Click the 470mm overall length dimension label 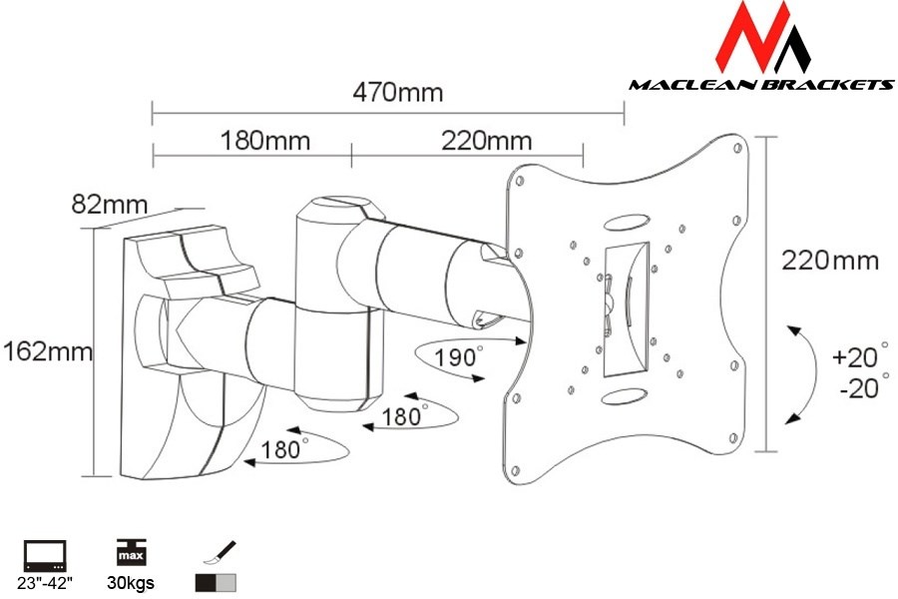(397, 93)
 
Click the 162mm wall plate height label (47, 351)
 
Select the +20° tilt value (859, 355)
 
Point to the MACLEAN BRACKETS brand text (760, 85)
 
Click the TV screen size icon (45, 554)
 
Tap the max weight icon (129, 554)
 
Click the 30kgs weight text (130, 583)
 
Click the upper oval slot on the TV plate (630, 219)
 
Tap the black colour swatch (207, 583)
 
